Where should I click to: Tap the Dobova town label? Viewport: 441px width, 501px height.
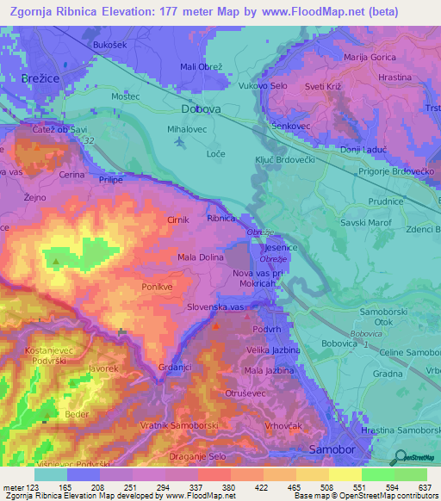[202, 109]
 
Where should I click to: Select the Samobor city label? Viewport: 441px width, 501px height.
[331, 450]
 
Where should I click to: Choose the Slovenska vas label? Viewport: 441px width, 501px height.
[218, 307]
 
